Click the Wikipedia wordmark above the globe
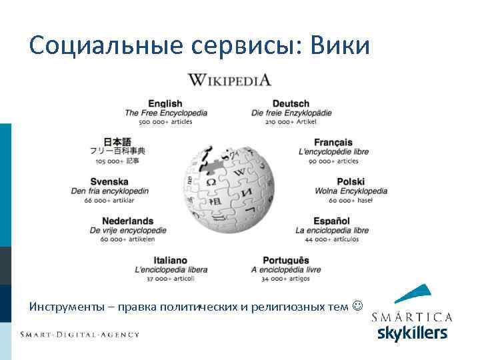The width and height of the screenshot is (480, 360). [229, 80]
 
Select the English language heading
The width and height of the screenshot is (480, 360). [165, 103]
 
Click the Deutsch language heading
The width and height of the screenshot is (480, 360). [291, 103]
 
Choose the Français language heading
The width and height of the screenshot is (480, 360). [333, 142]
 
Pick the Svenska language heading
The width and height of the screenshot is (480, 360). [109, 181]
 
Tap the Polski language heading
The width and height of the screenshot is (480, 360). [351, 181]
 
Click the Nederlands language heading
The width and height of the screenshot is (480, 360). [127, 221]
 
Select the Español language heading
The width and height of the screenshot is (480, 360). [332, 221]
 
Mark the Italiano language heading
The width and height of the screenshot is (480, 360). [170, 260]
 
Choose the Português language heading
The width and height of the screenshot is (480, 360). [286, 260]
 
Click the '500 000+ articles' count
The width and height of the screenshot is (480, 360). [165, 122]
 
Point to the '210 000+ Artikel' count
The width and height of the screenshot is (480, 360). [291, 122]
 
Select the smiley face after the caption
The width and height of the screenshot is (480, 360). [358, 307]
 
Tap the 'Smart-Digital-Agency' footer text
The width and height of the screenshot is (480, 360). [79, 334]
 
